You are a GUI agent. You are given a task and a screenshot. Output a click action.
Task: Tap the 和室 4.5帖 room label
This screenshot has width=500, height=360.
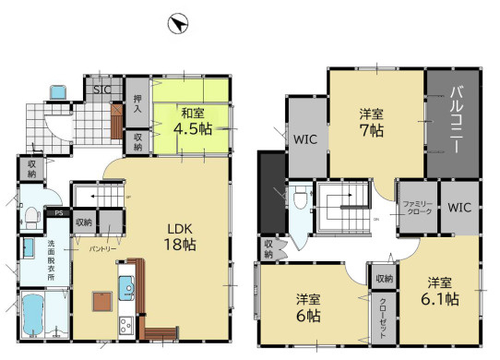193,122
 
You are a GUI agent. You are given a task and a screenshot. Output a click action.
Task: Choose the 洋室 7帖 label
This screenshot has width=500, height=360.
372,122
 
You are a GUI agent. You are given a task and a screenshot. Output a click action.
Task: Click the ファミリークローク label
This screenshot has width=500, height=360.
416,207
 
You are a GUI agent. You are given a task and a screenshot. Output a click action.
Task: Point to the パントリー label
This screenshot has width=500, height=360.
101,249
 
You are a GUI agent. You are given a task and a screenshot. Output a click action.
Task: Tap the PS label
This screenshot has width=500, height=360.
57,213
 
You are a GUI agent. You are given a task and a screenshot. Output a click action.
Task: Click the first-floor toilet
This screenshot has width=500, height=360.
32,216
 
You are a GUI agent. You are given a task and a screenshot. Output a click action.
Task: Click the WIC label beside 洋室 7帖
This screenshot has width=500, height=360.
306,141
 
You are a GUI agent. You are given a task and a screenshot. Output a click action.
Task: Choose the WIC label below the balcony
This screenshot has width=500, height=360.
460,207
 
